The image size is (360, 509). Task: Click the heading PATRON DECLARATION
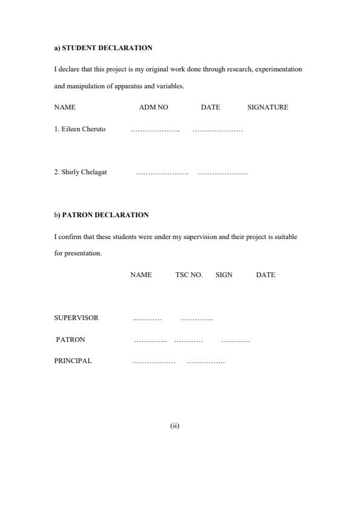pyautogui.click(x=105, y=215)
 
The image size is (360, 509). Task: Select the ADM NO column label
pyautogui.click(x=154, y=107)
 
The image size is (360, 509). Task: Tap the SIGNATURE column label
pyautogui.click(x=267, y=107)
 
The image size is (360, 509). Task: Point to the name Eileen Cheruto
pyautogui.click(x=83, y=129)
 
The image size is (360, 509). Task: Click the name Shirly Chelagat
pyautogui.click(x=84, y=172)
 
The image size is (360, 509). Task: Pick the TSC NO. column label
pyautogui.click(x=189, y=275)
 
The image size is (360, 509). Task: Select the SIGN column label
pyautogui.click(x=224, y=275)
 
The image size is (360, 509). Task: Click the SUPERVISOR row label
pyautogui.click(x=76, y=318)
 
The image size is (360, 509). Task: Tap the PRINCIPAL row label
pyautogui.click(x=73, y=361)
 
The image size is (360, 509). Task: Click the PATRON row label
pyautogui.click(x=70, y=340)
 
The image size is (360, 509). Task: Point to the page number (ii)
pyautogui.click(x=175, y=425)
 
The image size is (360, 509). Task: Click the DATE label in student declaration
pyautogui.click(x=211, y=107)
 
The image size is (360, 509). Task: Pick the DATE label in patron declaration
pyautogui.click(x=265, y=275)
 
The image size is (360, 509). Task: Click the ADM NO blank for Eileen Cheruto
pyautogui.click(x=155, y=130)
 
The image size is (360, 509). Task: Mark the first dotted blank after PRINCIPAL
pyautogui.click(x=154, y=361)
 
